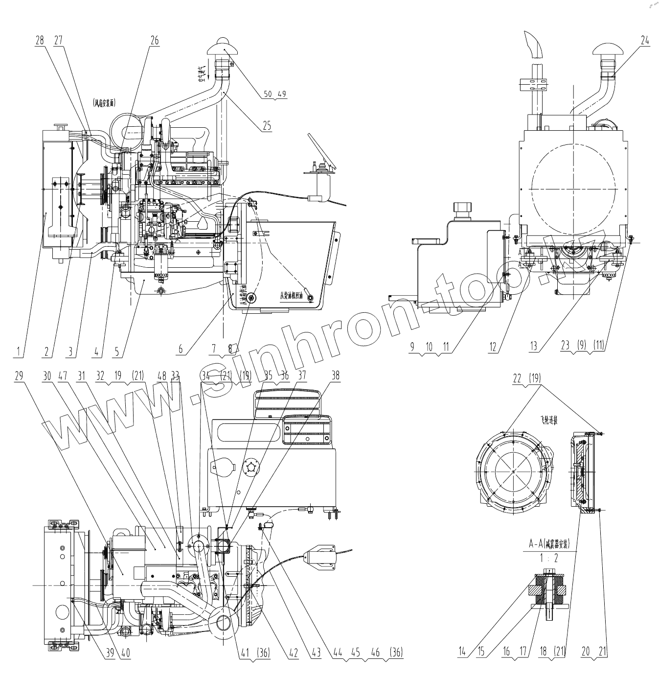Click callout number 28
click(x=40, y=41)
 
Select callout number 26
click(x=155, y=41)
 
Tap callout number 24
click(x=645, y=41)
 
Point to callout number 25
click(x=267, y=126)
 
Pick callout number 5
click(x=117, y=351)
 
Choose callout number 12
click(x=493, y=347)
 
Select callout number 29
click(x=19, y=376)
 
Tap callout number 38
click(x=335, y=376)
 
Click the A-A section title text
click(x=550, y=544)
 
